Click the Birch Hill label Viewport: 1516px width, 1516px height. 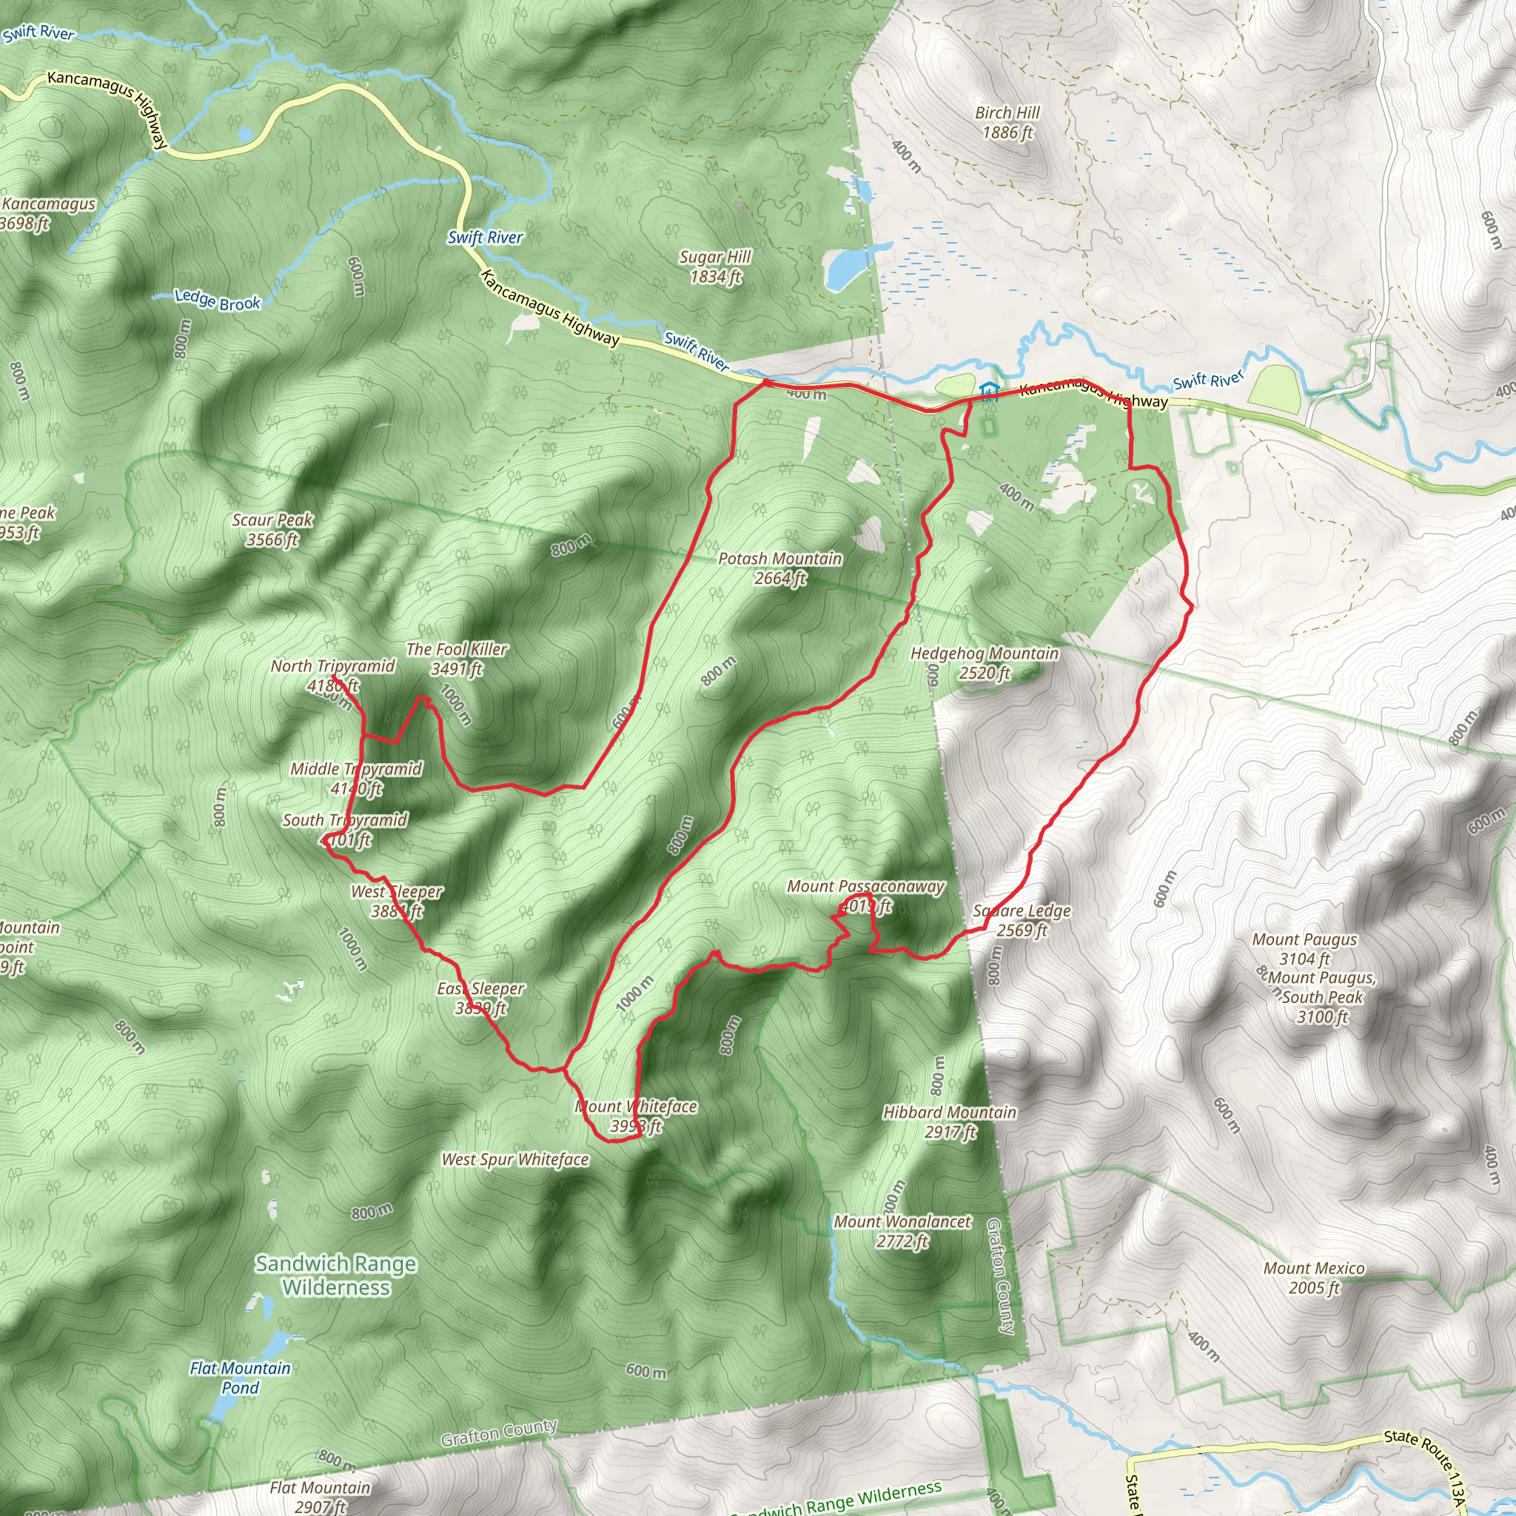click(1007, 123)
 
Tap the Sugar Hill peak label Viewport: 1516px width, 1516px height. click(715, 266)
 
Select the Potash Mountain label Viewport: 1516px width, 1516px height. click(780, 568)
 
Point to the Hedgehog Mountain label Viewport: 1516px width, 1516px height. click(984, 663)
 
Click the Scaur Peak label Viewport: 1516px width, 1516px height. click(272, 530)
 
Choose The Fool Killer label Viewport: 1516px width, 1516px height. click(457, 659)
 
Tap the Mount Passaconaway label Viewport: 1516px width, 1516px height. click(865, 896)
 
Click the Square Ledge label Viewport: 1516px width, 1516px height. click(1022, 920)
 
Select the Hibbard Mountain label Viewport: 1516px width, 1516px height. click(950, 1122)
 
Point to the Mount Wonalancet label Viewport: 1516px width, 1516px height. click(902, 1231)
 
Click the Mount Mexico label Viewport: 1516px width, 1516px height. click(1314, 1278)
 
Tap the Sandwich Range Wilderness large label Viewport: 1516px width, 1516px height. click(336, 1275)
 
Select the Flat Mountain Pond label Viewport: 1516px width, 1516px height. click(240, 1377)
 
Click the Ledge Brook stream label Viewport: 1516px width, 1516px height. click(218, 300)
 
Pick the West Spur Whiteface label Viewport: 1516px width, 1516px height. click(514, 1160)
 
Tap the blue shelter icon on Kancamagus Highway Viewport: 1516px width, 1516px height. click(990, 391)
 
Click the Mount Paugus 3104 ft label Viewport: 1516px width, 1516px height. click(1304, 949)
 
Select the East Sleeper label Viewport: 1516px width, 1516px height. click(480, 998)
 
